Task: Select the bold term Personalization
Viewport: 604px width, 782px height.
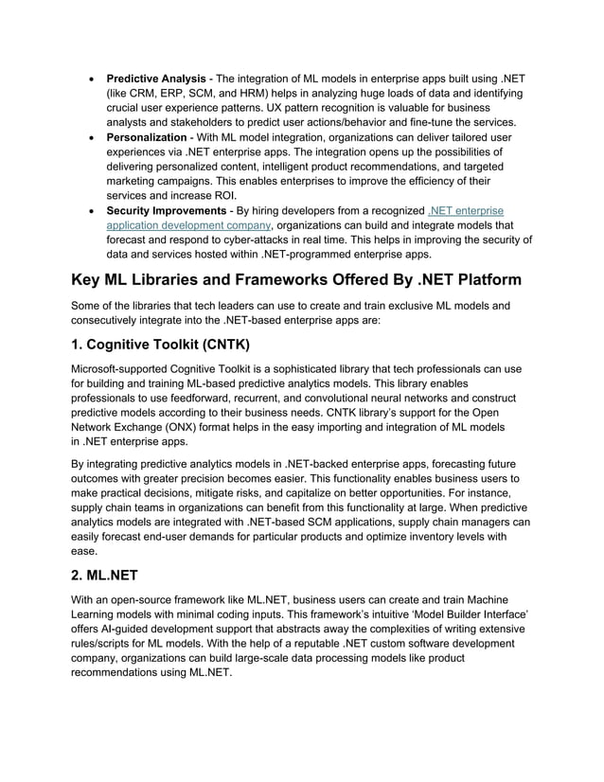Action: (x=146, y=137)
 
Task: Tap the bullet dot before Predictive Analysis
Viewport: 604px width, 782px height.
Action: (x=90, y=78)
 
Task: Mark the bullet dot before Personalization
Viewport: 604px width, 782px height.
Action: (x=90, y=137)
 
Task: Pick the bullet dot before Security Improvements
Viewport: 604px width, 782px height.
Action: (x=90, y=210)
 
